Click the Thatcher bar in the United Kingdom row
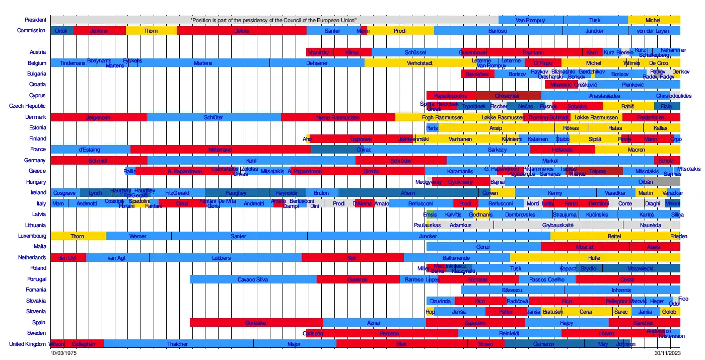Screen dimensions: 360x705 coord(178,344)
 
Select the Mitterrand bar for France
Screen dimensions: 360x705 coord(220,150)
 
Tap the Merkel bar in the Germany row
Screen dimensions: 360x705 coord(550,161)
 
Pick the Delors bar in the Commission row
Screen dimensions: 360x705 coord(242,31)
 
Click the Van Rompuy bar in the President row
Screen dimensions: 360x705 coord(531,20)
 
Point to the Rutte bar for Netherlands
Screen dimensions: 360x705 coord(594,258)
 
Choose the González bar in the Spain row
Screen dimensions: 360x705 coord(256,323)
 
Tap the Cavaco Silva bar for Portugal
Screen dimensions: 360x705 coord(253,279)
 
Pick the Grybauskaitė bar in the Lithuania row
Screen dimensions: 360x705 coord(558,226)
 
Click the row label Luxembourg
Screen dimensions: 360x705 coord(32,236)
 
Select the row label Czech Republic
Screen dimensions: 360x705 coord(28,106)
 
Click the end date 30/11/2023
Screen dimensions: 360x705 coord(667,353)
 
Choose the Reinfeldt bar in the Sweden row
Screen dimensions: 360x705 coord(510,333)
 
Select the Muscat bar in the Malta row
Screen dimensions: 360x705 coord(585,247)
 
